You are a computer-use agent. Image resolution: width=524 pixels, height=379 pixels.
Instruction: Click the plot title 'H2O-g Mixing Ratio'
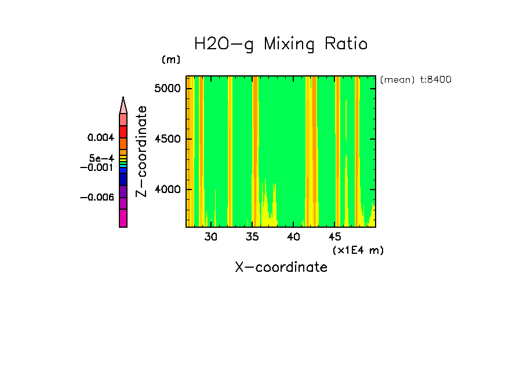coord(281,45)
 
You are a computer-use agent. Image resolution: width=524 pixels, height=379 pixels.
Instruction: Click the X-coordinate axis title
coord(281,267)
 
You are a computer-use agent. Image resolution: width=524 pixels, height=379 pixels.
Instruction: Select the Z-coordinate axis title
coord(141,151)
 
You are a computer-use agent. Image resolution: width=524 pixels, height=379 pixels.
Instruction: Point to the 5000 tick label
coord(169,88)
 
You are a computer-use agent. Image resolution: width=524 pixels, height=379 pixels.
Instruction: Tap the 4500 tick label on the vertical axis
coord(169,139)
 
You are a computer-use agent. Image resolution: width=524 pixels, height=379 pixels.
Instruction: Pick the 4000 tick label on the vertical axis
coord(169,189)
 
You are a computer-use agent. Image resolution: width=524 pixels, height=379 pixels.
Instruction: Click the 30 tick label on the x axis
coord(211,236)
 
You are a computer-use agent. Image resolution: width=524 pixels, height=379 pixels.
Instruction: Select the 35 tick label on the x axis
coord(252,236)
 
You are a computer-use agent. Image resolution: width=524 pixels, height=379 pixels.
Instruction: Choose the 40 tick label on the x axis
coord(294,236)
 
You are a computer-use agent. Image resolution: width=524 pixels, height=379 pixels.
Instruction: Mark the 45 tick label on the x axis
coord(335,236)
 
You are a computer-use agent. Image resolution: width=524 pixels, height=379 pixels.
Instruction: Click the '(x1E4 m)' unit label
coord(358,250)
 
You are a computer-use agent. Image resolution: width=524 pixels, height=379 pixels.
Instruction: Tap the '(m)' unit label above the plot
coord(171,60)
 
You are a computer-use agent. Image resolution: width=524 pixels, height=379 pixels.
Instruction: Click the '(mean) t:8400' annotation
coord(416,80)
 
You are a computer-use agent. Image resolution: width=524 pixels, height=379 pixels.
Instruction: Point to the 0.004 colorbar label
coord(101,138)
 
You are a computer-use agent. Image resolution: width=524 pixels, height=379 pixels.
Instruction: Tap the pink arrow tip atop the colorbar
coord(123,105)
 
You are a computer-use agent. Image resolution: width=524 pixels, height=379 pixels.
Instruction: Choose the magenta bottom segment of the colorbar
coord(123,218)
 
